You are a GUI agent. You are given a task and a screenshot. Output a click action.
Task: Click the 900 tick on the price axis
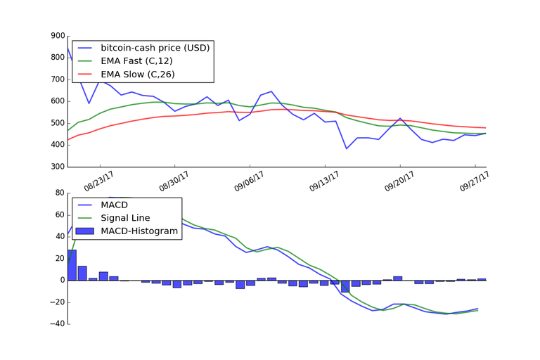[55, 36]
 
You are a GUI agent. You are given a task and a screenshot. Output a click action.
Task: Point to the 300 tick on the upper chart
[55, 167]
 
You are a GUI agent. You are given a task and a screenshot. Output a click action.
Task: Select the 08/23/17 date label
[98, 181]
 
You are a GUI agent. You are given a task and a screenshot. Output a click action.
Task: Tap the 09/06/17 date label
[249, 181]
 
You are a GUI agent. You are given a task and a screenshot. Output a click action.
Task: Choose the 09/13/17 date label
[323, 181]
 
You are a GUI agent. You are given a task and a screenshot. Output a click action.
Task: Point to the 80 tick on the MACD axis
[58, 193]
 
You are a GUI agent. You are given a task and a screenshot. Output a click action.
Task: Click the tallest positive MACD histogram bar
[72, 265]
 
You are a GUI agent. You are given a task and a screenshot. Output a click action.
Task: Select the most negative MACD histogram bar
[345, 286]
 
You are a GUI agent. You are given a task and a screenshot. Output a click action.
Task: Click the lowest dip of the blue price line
[346, 148]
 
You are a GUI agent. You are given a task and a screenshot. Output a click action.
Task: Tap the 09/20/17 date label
[398, 181]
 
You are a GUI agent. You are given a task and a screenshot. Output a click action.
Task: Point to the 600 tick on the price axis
[55, 101]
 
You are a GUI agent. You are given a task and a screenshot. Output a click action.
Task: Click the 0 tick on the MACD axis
[61, 280]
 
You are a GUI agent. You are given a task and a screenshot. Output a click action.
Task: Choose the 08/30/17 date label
[174, 181]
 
